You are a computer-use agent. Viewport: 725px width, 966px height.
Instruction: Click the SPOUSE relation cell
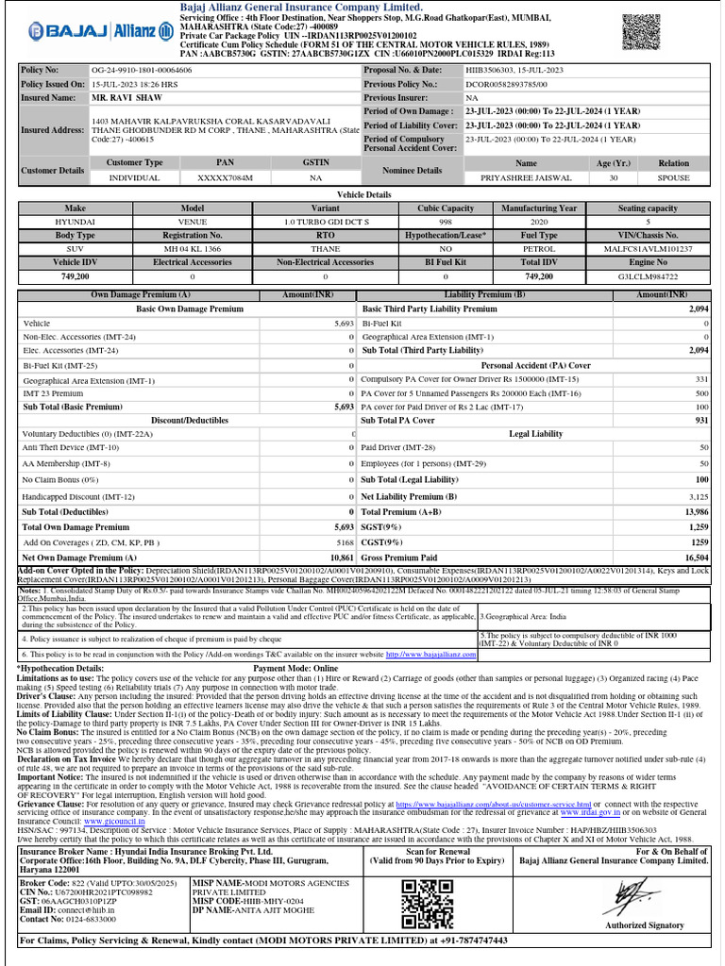click(674, 177)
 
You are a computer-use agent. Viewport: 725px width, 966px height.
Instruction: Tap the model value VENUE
click(193, 221)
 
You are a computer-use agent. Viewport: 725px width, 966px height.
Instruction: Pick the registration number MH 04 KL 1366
click(193, 248)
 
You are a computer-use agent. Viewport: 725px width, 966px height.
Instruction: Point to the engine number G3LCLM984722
click(648, 276)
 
